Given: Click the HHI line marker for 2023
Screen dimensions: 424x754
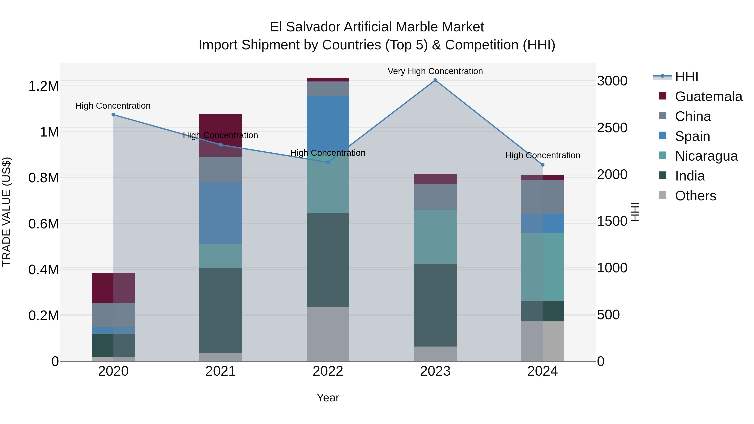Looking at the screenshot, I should (x=435, y=80).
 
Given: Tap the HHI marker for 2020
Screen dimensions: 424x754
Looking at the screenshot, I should (x=113, y=115).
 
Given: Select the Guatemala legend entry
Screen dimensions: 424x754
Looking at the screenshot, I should (x=708, y=97).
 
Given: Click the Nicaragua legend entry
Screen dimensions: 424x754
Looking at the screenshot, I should (x=706, y=156).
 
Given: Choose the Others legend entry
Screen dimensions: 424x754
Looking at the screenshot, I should (x=695, y=196).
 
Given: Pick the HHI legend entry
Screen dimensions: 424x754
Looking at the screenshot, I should (x=686, y=77).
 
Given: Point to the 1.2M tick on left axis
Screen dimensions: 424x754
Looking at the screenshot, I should (x=43, y=86).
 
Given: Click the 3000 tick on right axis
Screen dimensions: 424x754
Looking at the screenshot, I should (x=612, y=81).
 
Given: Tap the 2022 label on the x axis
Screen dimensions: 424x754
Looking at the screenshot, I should (x=328, y=371).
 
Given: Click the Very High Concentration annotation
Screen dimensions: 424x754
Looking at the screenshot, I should (x=435, y=71).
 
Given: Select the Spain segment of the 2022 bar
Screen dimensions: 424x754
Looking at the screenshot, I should (x=328, y=123).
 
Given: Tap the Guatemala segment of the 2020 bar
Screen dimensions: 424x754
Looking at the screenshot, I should (x=113, y=288).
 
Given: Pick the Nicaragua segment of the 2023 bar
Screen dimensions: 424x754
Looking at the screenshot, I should (x=435, y=236).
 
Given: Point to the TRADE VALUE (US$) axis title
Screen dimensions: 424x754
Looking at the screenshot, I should (x=6, y=212).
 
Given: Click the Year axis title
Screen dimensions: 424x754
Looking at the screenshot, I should (x=328, y=398).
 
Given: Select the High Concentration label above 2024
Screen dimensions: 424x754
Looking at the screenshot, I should (x=542, y=155).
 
